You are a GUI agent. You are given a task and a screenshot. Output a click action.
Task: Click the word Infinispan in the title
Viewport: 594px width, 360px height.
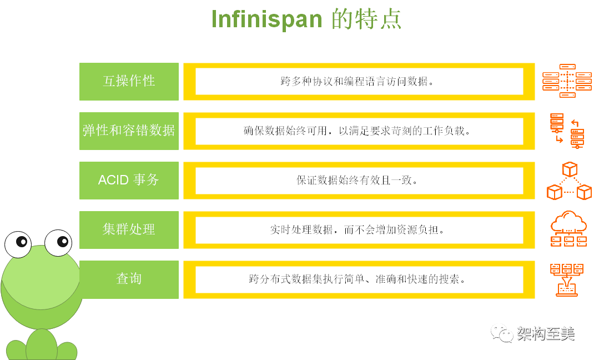[x=266, y=19]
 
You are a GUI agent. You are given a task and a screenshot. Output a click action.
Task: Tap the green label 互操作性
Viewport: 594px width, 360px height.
[x=129, y=81]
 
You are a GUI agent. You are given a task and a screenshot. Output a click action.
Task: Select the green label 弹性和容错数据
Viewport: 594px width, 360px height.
[x=129, y=131]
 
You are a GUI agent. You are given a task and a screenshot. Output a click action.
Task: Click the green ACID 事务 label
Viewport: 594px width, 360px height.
[x=129, y=180]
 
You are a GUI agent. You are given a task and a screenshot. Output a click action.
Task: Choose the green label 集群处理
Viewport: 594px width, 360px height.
[x=129, y=229]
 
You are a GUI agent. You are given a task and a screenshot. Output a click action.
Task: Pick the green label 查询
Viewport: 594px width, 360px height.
[x=129, y=279]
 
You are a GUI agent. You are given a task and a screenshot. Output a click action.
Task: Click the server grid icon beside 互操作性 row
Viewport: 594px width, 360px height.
[x=567, y=81]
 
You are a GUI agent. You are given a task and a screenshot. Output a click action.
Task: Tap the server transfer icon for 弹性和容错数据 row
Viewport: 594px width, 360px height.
[x=567, y=131]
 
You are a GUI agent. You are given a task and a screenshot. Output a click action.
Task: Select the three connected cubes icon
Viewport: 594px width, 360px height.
[x=569, y=181]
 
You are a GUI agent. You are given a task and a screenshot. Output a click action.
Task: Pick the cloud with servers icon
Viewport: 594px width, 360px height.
[x=568, y=228]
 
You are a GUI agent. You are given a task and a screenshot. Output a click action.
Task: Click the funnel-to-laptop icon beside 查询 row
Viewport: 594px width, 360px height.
[x=567, y=279]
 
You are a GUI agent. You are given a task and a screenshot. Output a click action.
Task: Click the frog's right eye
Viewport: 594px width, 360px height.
[x=58, y=243]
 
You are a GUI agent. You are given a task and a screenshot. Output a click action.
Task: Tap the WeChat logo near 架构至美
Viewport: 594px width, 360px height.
[x=501, y=333]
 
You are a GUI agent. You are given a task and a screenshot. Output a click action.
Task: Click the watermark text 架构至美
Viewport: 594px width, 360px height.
[x=545, y=333]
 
